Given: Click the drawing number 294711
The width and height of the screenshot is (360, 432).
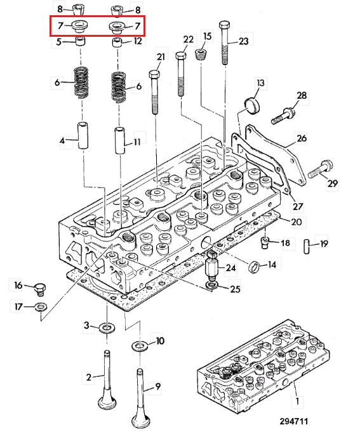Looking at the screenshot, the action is tap(293, 421).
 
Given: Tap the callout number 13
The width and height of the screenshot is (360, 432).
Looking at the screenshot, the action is tap(260, 82).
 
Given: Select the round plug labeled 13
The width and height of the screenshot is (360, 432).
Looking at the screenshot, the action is tap(251, 105).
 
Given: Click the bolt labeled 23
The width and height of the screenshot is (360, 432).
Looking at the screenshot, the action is tap(225, 43).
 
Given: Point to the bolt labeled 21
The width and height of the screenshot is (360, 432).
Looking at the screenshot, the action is tap(155, 92).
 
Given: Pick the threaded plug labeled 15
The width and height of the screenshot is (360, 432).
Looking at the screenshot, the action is tap(201, 55).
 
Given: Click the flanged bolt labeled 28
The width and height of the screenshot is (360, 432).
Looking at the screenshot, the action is tap(283, 116).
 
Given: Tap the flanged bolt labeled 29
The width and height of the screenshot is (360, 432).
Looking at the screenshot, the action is tap(321, 169).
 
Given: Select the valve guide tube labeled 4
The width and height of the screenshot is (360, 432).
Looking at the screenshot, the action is tap(83, 136).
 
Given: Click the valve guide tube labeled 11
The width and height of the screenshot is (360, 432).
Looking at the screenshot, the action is tap(120, 140).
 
